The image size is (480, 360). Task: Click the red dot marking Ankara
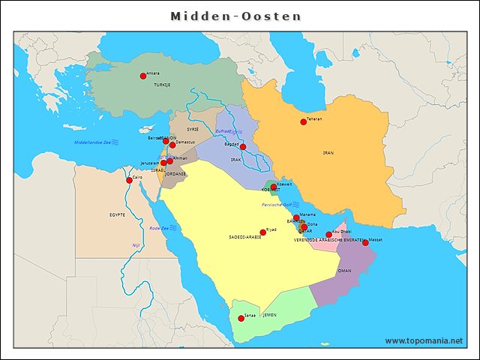[x=143, y=76]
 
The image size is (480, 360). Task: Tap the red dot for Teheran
[x=304, y=121]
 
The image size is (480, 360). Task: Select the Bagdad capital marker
[x=243, y=147]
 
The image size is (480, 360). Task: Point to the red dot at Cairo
[x=129, y=180]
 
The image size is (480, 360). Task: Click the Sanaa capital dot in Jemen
[x=241, y=319]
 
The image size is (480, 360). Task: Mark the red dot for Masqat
[x=365, y=243]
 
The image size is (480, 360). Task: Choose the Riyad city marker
[x=262, y=232]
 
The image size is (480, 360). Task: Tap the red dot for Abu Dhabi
[x=328, y=235]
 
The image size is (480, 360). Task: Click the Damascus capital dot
[x=172, y=145]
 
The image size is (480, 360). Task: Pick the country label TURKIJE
[x=162, y=85]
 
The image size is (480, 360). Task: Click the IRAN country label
[x=328, y=153]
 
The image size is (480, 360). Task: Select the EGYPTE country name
[x=117, y=215]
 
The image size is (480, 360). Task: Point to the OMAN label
[x=345, y=271]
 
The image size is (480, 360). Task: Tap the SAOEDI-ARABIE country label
[x=245, y=237]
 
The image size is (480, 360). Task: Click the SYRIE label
[x=193, y=129]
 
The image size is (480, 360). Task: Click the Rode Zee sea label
[x=159, y=228]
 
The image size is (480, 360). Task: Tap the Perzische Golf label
[x=275, y=205]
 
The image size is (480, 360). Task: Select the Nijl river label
[x=136, y=245]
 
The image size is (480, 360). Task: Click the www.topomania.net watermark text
[x=424, y=341]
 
